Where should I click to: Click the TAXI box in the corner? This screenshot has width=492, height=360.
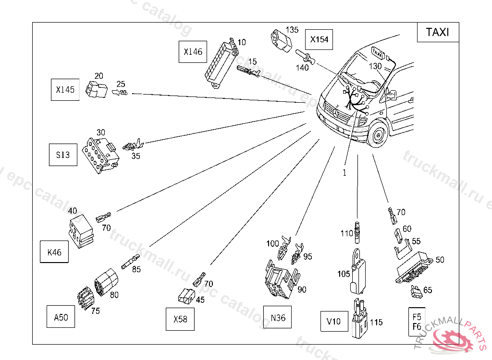coord(437,32)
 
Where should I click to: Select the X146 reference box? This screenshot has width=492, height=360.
coord(193,52)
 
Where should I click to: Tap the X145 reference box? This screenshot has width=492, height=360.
coord(65,89)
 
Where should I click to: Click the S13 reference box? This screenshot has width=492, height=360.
coord(63,155)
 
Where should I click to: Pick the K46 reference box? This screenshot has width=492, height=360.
coord(54,252)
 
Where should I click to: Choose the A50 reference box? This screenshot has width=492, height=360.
coord(61,317)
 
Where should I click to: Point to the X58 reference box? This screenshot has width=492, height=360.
coord(180,319)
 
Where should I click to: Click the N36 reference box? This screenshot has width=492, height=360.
coord(277,317)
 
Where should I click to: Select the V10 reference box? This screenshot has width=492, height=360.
coord(334,321)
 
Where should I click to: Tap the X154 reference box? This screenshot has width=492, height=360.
coord(320,39)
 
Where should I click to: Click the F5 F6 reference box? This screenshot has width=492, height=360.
coord(417,322)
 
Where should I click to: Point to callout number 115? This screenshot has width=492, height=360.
coord(376,322)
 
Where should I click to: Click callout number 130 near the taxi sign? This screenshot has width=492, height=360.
coord(375,66)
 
